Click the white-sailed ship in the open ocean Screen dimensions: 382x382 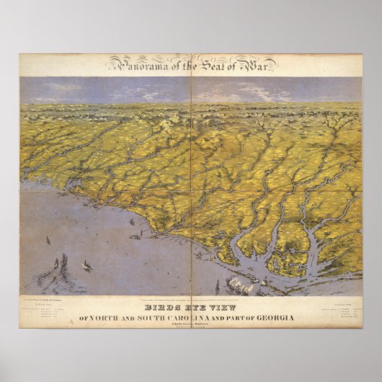coord(87,266)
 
